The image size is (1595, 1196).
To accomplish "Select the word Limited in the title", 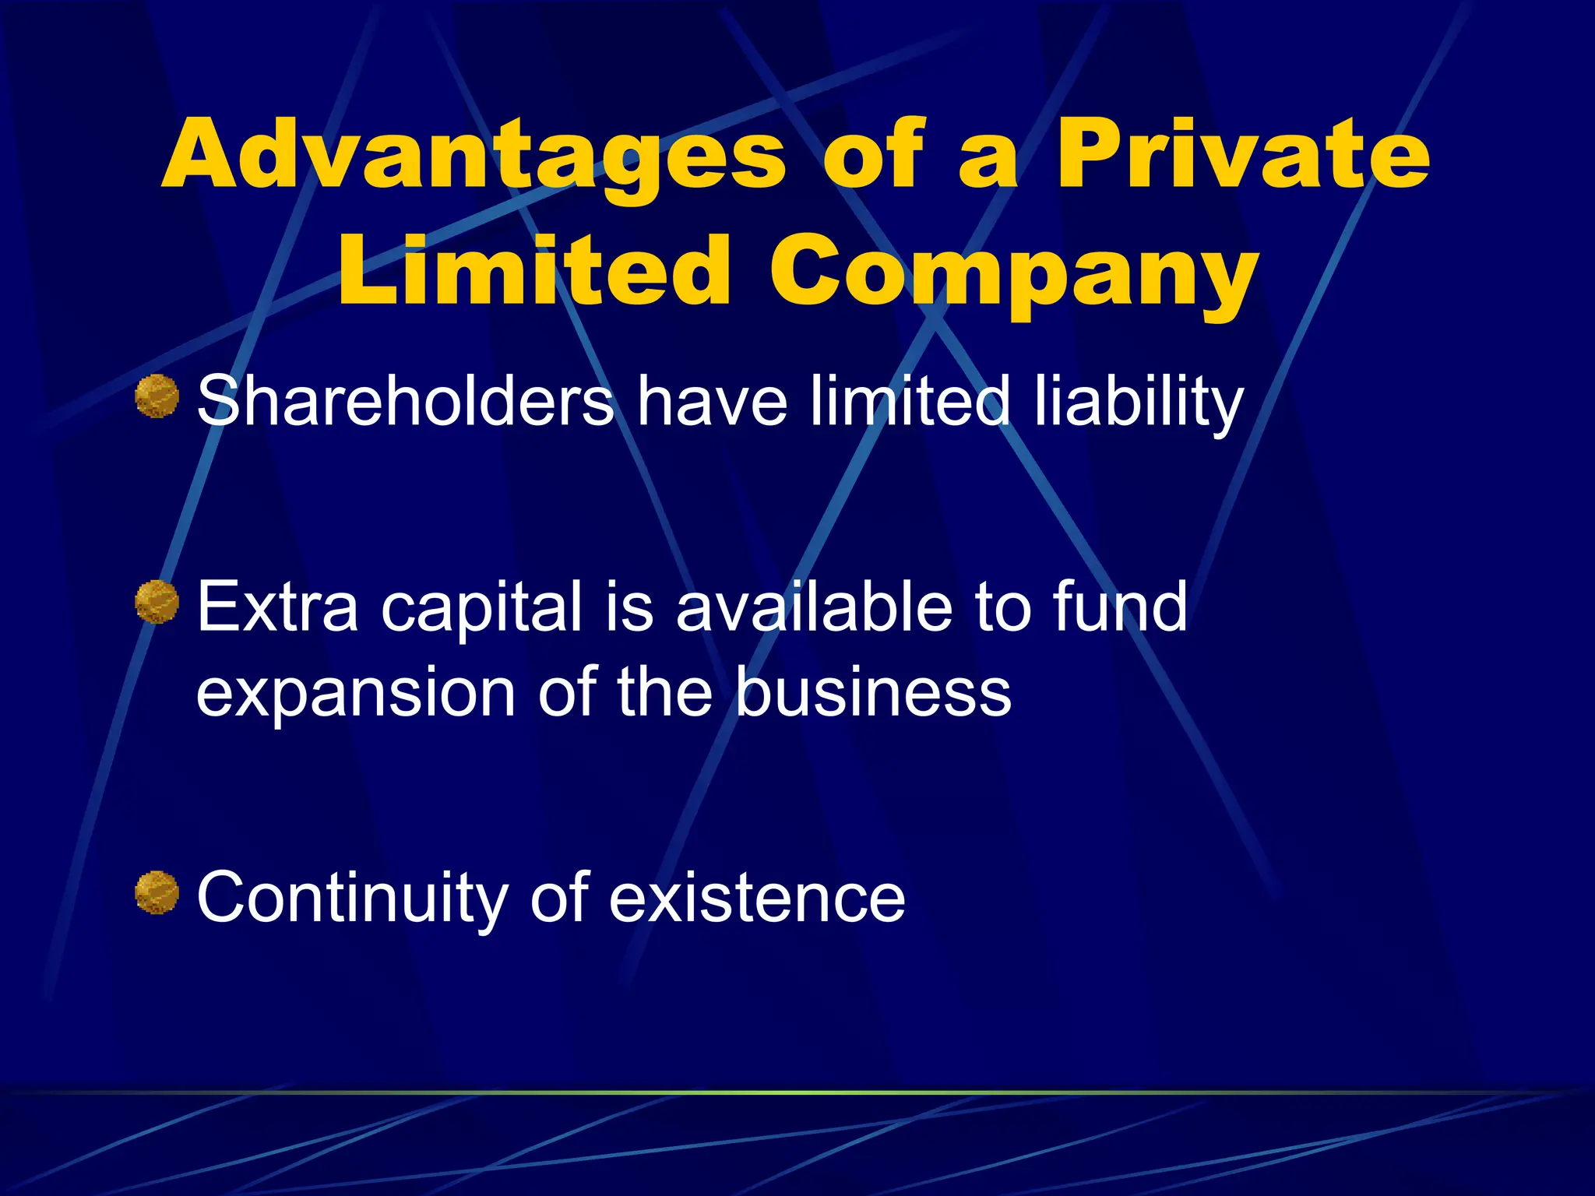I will tap(534, 272).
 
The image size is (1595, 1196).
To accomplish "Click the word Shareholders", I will tap(405, 402).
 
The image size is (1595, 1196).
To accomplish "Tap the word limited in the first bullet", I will tap(910, 400).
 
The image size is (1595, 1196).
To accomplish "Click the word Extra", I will tap(277, 607).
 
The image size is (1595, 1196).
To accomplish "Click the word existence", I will tap(757, 898).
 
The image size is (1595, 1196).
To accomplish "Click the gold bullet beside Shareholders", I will tap(157, 396).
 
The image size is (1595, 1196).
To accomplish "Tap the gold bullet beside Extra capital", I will tap(157, 602).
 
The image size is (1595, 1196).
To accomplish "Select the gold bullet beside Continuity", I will tap(157, 892).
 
